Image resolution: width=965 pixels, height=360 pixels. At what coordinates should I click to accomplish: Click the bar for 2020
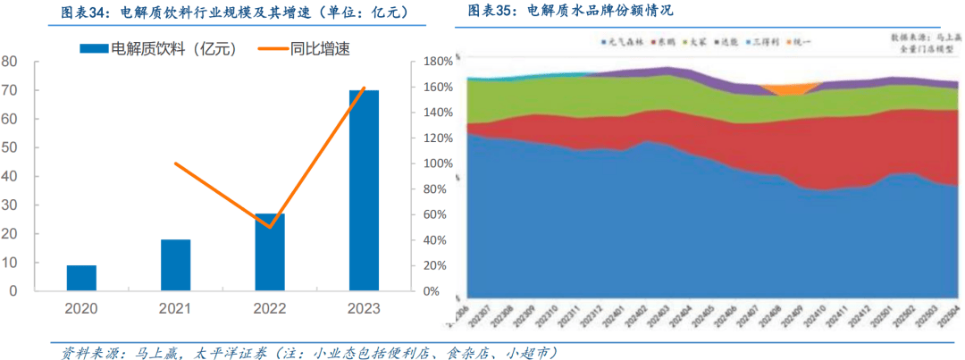(81, 278)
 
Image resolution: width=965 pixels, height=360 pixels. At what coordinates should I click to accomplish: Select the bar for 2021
(175, 265)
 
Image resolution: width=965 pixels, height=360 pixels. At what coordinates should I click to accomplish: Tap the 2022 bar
(269, 252)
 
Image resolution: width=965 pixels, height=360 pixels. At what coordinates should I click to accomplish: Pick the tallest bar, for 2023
(363, 190)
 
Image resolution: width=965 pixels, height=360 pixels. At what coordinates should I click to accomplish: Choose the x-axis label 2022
(269, 309)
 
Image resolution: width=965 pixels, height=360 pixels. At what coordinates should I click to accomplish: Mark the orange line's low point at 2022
(269, 227)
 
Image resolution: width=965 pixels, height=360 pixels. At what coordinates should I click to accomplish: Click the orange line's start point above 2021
(175, 163)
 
